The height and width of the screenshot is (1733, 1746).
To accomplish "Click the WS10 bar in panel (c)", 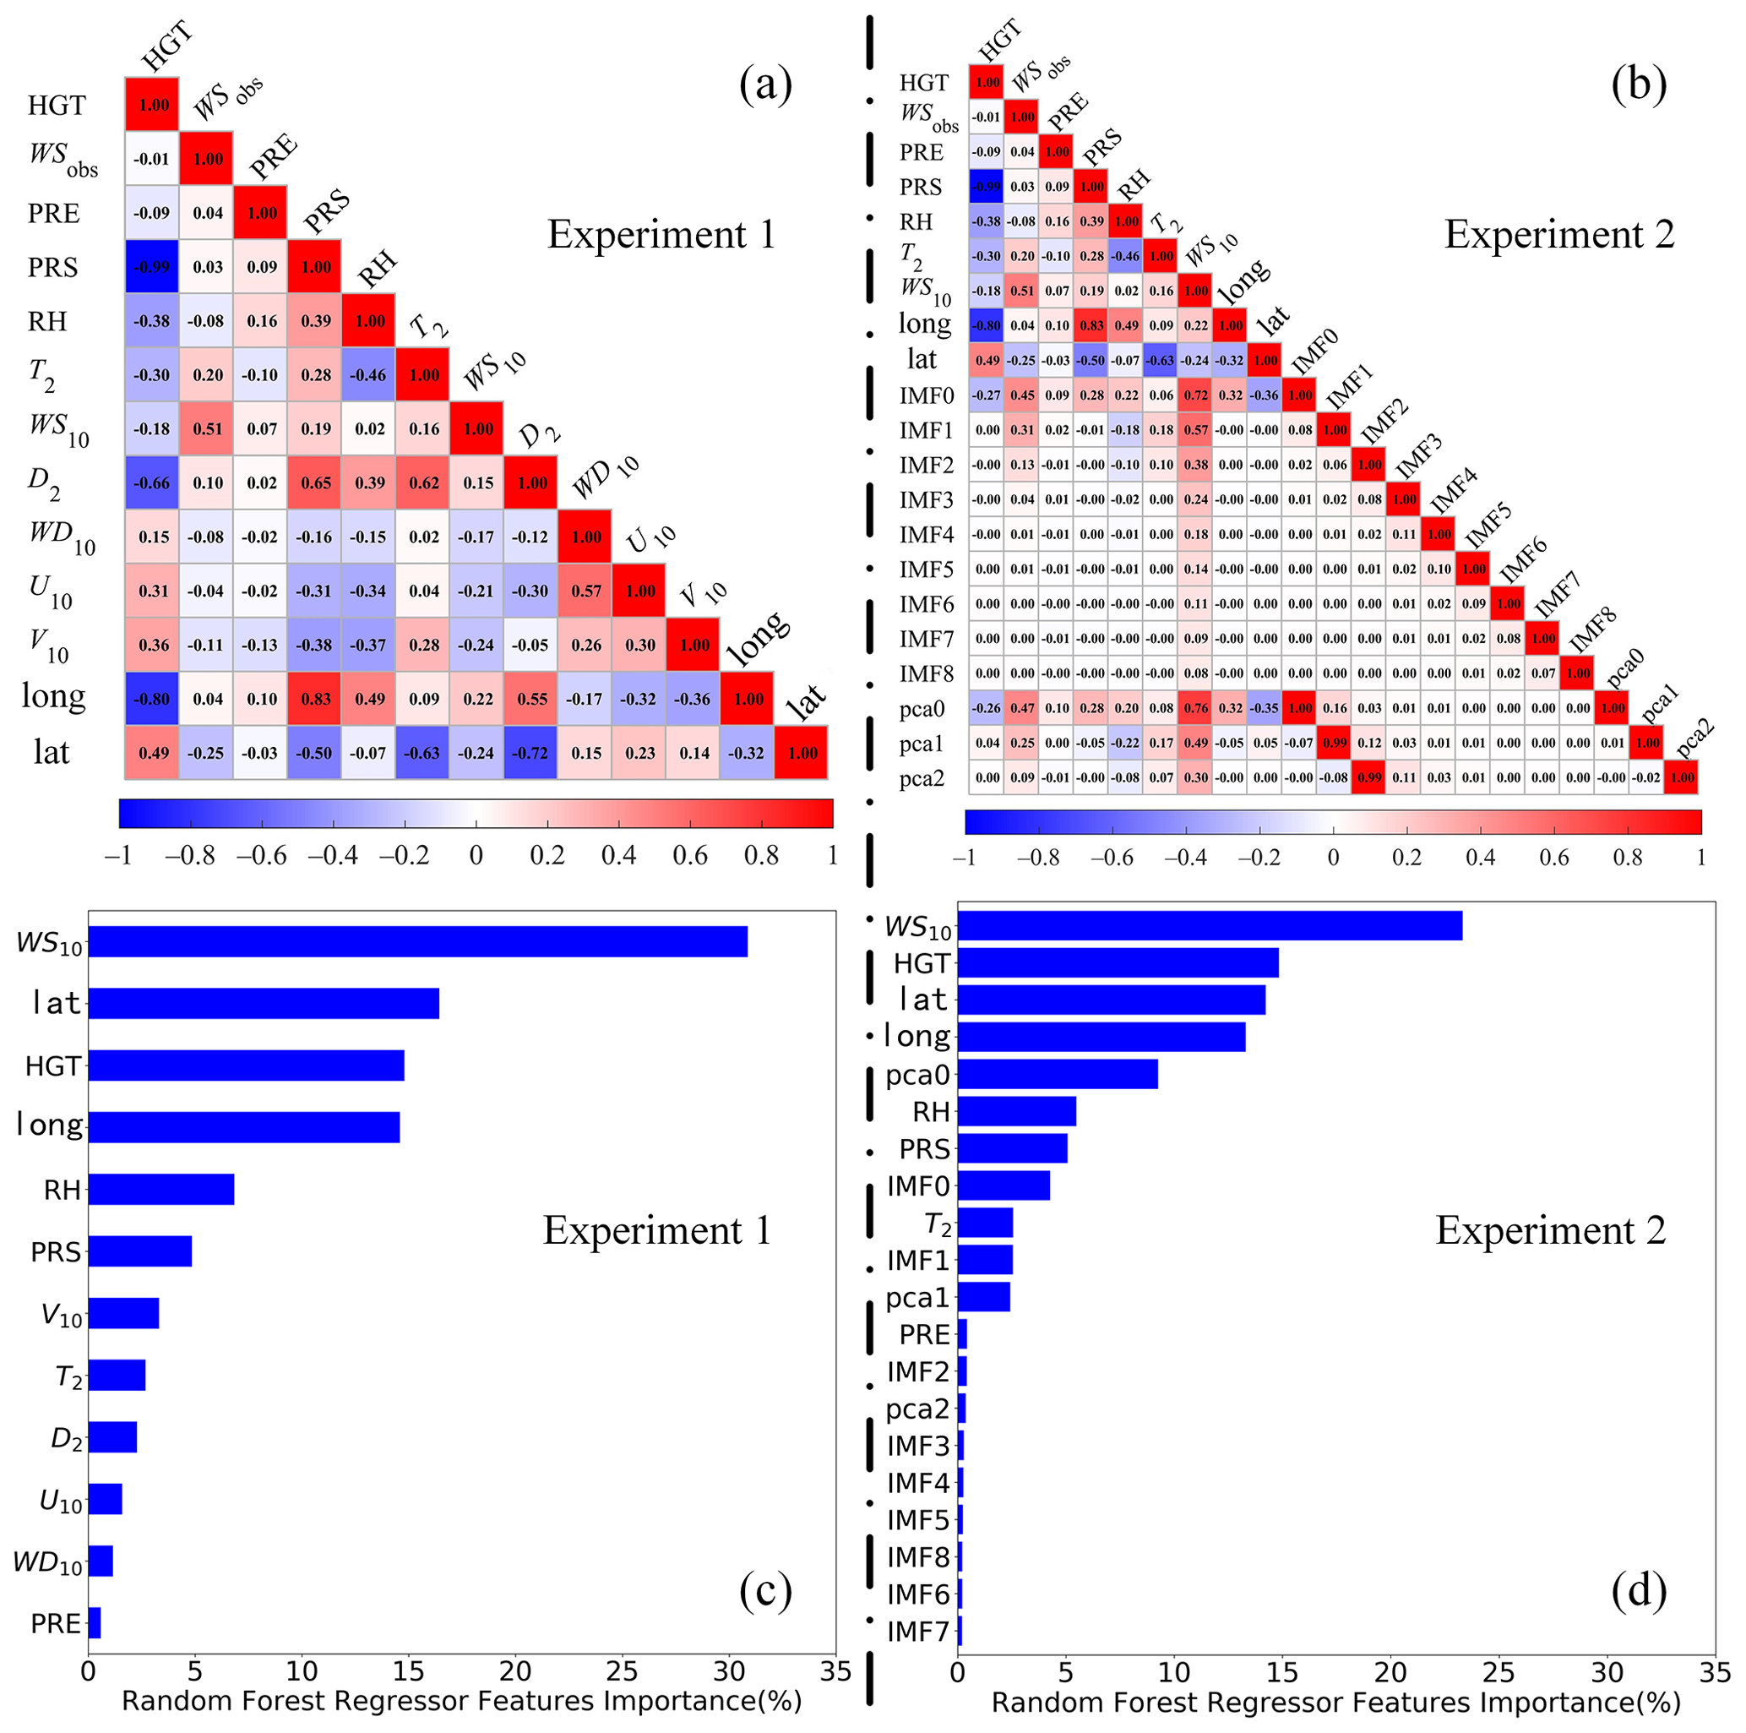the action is point(417,942).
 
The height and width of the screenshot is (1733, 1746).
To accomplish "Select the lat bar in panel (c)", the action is point(263,1004).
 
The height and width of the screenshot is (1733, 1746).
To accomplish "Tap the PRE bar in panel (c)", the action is point(94,1622).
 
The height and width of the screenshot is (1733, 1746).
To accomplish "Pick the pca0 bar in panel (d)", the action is point(1058,1074).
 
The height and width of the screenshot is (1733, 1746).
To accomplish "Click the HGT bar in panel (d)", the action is point(1118,962).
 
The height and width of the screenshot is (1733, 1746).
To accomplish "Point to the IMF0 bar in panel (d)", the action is point(1004,1185).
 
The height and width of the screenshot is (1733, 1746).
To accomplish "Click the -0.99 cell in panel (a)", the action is point(152,267).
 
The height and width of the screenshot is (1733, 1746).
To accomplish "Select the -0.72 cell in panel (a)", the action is point(531,752).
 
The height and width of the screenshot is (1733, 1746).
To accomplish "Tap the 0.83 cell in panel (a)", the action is point(315,699).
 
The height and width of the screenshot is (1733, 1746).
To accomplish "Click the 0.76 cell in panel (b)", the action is point(1195,708).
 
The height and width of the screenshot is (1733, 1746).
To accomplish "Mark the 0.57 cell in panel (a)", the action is point(585,591).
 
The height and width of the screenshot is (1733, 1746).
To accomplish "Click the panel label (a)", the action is point(765,85).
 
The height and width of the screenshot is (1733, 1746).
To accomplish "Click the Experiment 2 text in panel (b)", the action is point(1559,234).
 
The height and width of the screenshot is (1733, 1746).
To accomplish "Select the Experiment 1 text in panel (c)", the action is point(657,1230).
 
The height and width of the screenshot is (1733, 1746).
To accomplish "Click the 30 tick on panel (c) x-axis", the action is point(728,1670).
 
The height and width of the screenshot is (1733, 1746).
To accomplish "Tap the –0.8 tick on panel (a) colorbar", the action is point(190,855).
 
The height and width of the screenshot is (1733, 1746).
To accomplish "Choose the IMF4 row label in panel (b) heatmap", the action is point(927,534).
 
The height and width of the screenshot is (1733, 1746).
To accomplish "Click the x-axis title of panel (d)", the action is point(1335,1703).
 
